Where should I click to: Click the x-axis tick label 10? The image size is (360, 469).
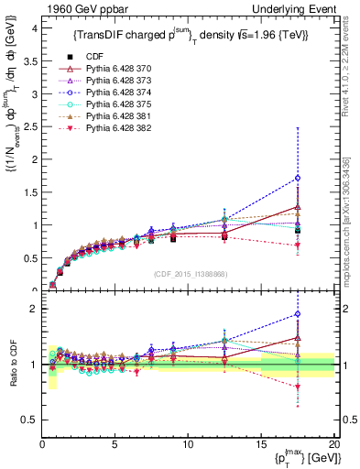(188, 443)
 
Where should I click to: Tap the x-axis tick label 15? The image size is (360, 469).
(261, 443)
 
